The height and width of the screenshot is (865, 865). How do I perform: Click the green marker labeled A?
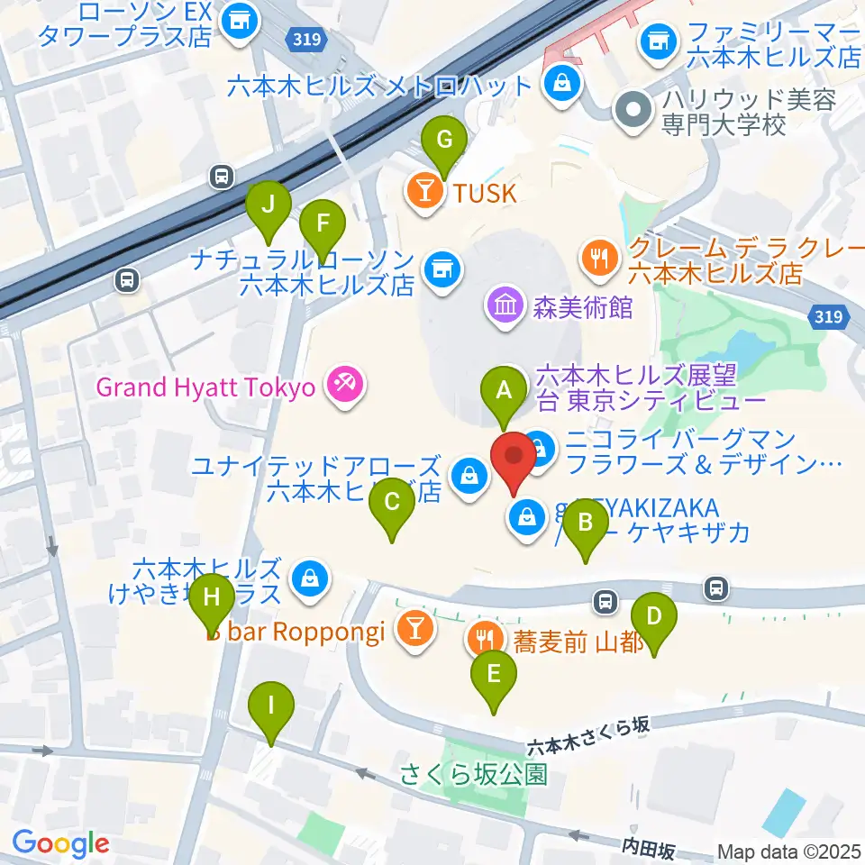click(x=504, y=392)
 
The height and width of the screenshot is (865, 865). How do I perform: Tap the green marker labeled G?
click(x=444, y=140)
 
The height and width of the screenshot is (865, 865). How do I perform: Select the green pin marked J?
click(x=268, y=205)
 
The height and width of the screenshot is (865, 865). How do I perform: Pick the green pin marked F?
click(x=322, y=221)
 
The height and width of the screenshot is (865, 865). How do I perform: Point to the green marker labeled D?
click(x=655, y=617)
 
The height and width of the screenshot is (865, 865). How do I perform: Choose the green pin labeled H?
click(x=212, y=597)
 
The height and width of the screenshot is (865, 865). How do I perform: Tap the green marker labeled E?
click(x=493, y=673)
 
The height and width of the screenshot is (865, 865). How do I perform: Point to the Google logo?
click(x=60, y=843)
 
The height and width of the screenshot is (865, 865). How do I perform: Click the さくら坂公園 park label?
click(x=474, y=773)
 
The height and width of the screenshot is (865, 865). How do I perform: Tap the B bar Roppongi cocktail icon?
click(x=414, y=628)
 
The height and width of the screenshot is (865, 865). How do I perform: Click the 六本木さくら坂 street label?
click(x=587, y=736)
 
